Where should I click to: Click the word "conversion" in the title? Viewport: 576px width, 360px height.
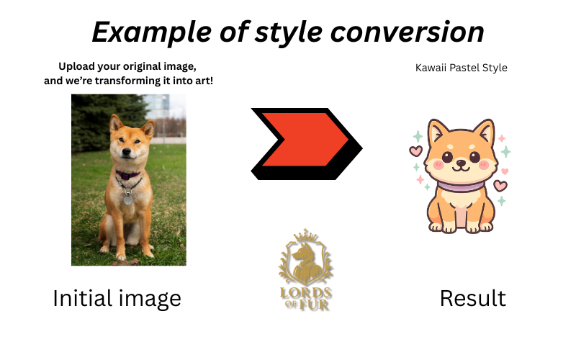click(407, 32)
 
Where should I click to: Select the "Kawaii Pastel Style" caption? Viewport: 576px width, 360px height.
click(461, 68)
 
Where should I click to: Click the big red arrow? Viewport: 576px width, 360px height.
click(305, 140)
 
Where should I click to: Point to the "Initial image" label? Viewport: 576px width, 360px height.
click(117, 298)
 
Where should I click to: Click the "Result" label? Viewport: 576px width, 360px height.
click(473, 298)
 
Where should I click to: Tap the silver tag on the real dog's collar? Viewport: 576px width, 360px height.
click(128, 199)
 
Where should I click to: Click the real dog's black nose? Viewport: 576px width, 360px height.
click(127, 151)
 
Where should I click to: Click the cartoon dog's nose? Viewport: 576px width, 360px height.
click(461, 161)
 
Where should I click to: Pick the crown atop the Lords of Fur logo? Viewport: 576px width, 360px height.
click(305, 235)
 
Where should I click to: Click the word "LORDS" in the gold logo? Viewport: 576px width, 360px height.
click(305, 293)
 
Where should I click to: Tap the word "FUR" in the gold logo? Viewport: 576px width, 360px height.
click(313, 305)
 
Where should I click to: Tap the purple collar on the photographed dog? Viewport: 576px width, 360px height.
click(128, 175)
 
